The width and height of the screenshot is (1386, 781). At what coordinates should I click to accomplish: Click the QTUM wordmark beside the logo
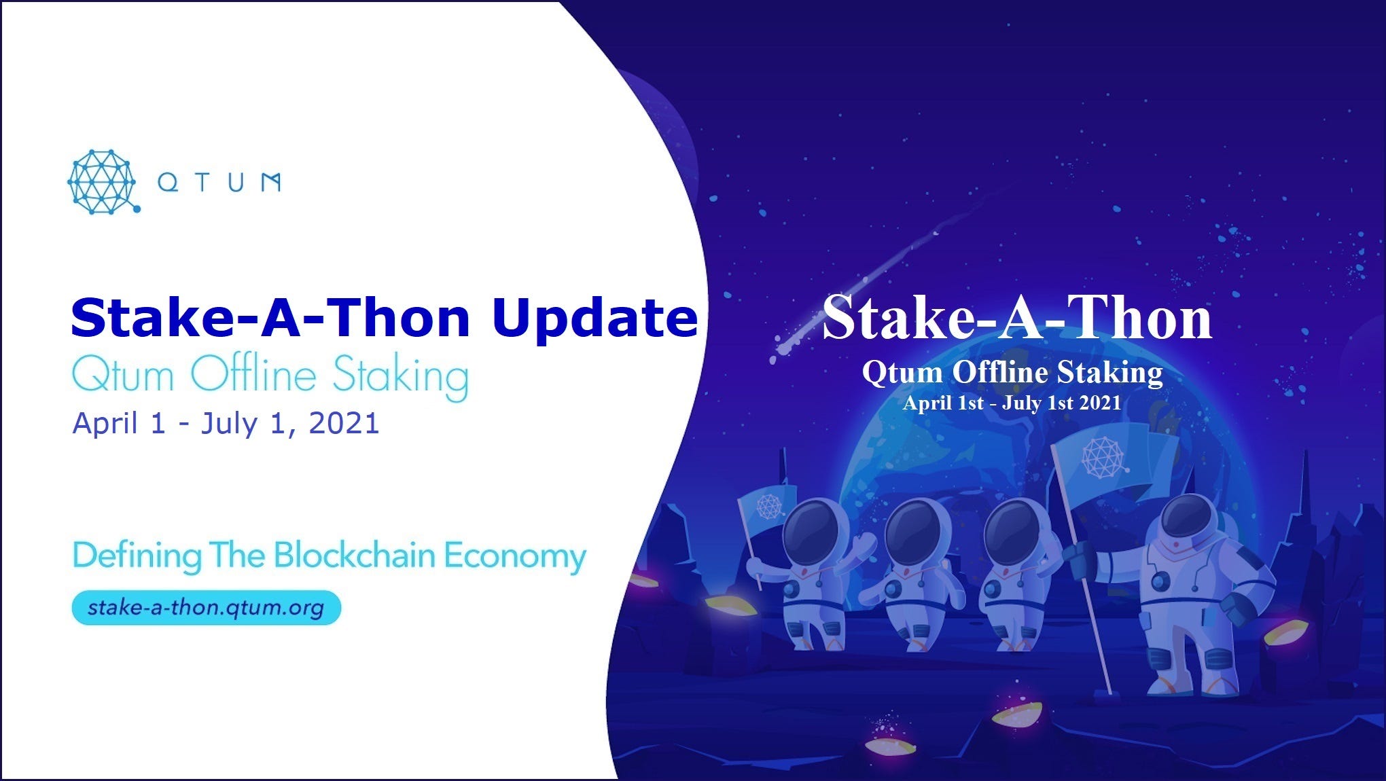point(219,182)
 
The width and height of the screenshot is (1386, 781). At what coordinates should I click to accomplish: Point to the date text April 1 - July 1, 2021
point(226,423)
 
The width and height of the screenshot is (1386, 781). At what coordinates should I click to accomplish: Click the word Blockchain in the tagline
point(354,556)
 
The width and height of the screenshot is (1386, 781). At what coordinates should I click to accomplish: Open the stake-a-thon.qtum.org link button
point(206,607)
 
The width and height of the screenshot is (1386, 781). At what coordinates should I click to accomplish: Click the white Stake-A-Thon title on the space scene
point(1017,318)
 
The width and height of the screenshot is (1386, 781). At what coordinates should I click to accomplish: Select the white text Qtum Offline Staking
point(1012,373)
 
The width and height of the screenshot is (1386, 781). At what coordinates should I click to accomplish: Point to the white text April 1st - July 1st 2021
point(1012,403)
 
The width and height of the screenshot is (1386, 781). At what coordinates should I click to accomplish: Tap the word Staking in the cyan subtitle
point(400,378)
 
